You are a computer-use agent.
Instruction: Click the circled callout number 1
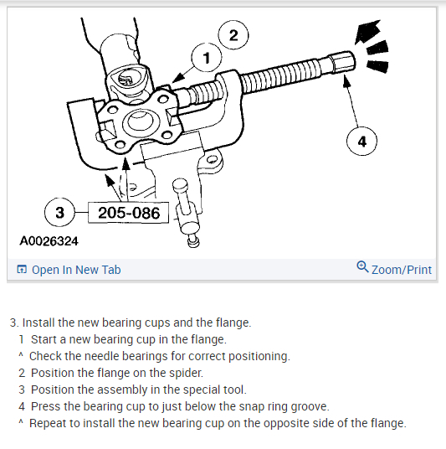tap(206, 58)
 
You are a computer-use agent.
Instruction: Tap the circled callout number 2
tap(233, 35)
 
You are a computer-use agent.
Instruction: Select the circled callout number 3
tap(59, 213)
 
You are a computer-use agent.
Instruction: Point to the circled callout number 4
tap(361, 142)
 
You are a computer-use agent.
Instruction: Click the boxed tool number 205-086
tap(129, 213)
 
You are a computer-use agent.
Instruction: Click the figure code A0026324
tap(49, 241)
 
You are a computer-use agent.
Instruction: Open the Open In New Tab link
tap(76, 270)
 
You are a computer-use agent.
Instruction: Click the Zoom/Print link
tap(402, 270)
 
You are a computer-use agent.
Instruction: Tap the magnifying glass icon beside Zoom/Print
tap(362, 267)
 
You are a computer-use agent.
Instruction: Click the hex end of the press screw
tap(342, 64)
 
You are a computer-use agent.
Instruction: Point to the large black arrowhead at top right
tap(368, 31)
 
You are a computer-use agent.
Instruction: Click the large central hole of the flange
tap(137, 121)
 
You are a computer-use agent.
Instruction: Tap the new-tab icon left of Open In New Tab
tap(22, 270)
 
